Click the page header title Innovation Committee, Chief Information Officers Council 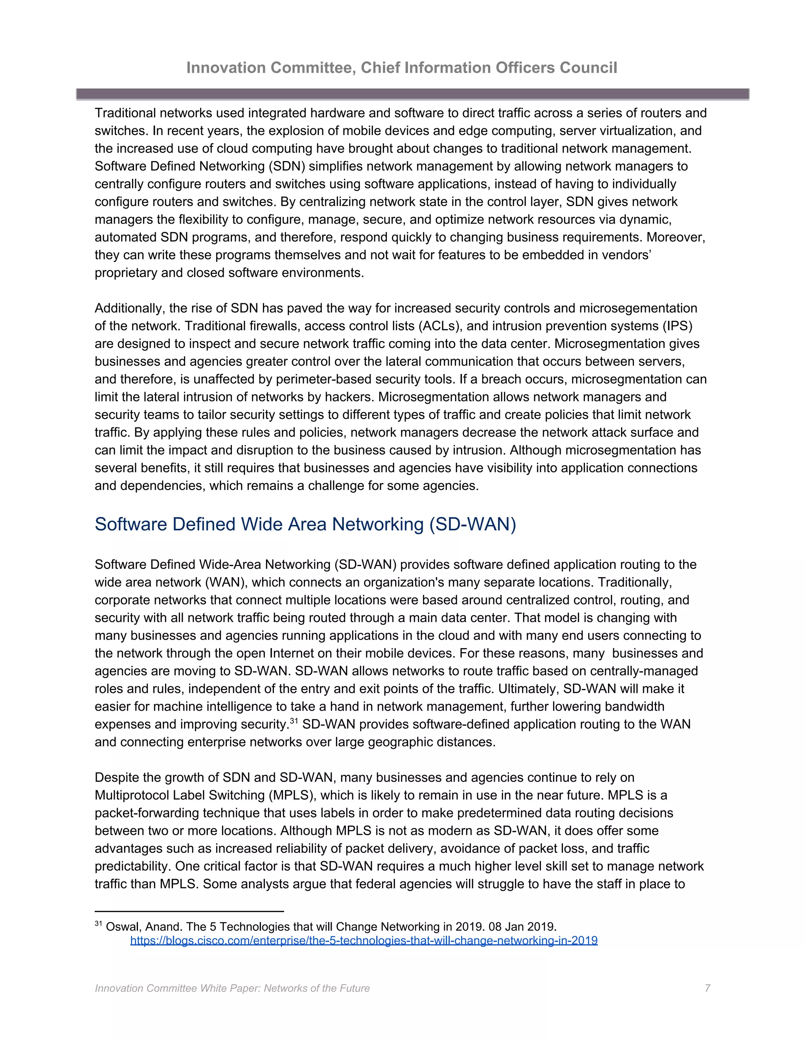(402, 68)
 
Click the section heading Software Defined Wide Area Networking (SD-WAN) (305, 524)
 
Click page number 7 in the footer (707, 988)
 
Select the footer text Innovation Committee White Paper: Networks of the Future (232, 988)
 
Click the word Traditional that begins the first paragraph (125, 113)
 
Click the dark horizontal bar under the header (412, 94)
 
